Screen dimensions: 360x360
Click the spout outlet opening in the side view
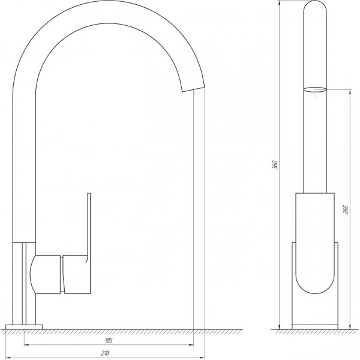pos(193,88)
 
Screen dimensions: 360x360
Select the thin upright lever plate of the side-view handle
pos(89,228)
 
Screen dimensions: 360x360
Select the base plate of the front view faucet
pos(315,326)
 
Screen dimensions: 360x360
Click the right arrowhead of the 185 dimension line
pos(191,345)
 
